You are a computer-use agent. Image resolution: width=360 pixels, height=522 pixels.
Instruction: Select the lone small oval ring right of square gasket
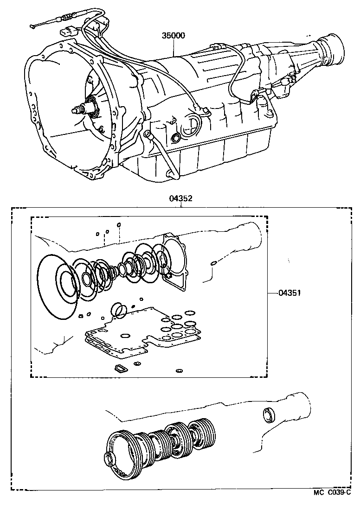[x=213, y=264]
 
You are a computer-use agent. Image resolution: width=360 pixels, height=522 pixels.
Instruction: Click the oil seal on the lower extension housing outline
[x=269, y=415]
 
